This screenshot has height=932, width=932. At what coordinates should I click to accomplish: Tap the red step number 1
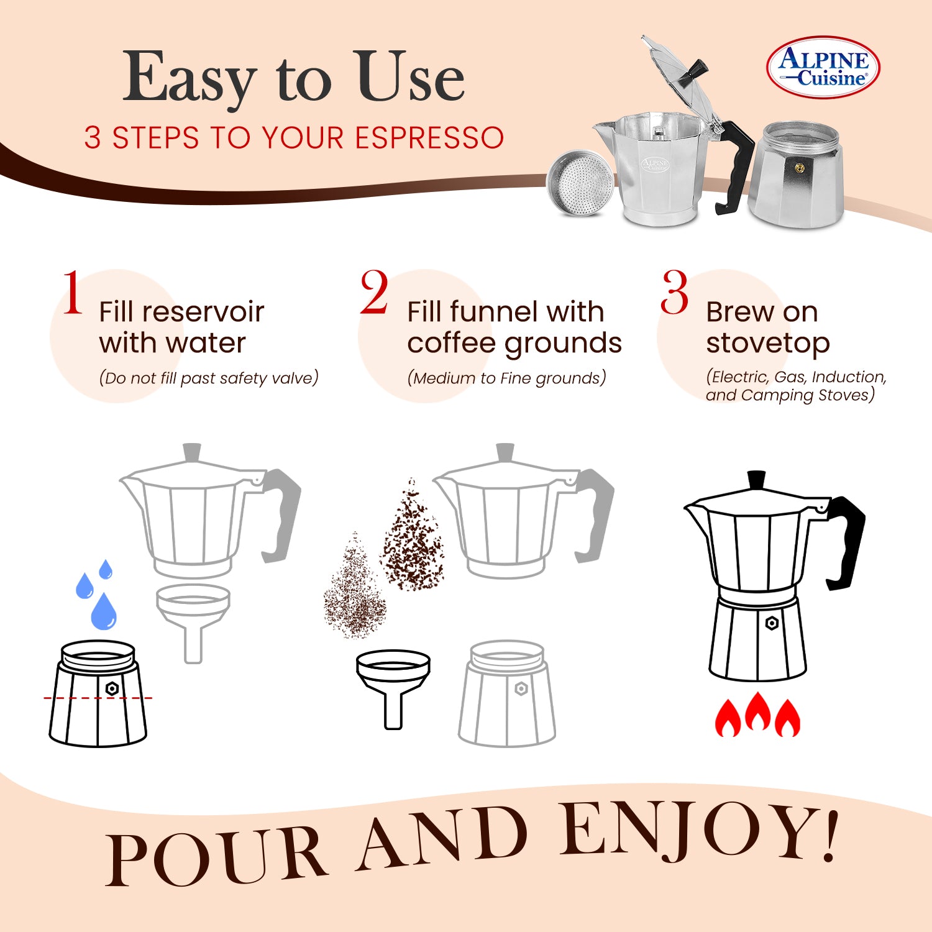click(x=73, y=293)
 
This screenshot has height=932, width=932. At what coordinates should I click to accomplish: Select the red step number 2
click(x=374, y=293)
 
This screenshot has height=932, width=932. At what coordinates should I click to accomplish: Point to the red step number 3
click(x=674, y=293)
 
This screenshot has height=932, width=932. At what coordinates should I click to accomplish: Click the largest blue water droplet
click(x=103, y=611)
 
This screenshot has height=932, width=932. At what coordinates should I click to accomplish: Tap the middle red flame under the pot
click(x=757, y=713)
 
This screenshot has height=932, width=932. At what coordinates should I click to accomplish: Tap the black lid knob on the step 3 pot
click(x=756, y=480)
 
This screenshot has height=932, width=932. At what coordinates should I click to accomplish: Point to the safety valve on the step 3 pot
click(x=772, y=623)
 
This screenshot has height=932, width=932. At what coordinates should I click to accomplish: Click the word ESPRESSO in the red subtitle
click(x=429, y=138)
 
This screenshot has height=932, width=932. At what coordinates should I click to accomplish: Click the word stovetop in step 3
click(x=767, y=344)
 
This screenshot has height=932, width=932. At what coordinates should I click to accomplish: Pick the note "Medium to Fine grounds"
click(x=506, y=378)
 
